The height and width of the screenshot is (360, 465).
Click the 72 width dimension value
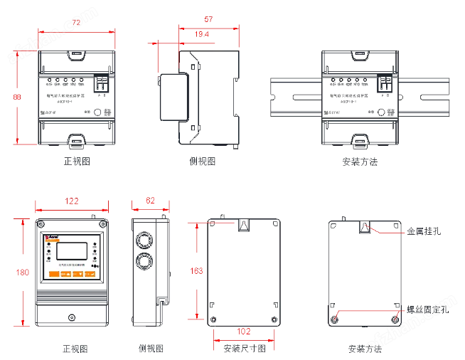click(76, 23)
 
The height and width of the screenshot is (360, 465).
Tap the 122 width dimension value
click(72, 201)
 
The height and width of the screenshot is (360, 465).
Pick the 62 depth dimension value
click(150, 201)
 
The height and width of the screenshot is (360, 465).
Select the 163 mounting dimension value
click(197, 271)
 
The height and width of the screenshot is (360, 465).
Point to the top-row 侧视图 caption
click(202, 162)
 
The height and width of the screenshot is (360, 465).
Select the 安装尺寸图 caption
click(245, 349)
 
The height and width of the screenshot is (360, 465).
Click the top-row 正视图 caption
click(77, 162)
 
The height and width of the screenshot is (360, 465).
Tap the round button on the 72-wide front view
click(97, 112)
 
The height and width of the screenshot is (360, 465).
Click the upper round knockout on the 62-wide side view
click(146, 238)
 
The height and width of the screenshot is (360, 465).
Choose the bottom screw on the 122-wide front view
click(71, 317)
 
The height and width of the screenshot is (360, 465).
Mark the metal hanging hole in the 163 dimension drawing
click(243, 226)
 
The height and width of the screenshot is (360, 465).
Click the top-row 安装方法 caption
click(360, 162)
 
